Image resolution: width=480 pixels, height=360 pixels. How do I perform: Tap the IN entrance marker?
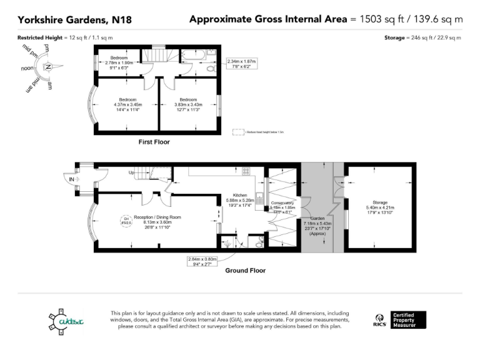(x=72, y=179)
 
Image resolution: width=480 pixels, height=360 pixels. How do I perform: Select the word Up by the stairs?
(x=132, y=172)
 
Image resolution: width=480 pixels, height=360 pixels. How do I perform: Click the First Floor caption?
(x=154, y=142)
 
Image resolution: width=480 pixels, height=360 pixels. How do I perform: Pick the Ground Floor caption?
(x=245, y=271)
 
